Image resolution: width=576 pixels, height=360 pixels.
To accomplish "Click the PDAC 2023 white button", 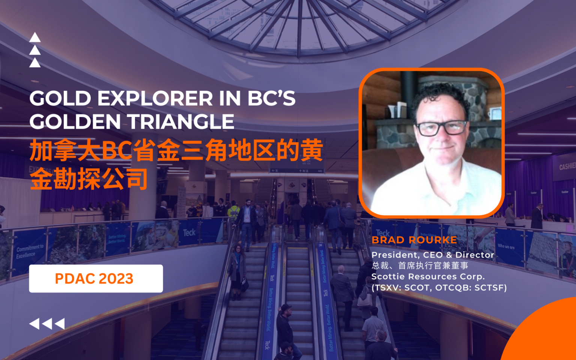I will coord(96,279).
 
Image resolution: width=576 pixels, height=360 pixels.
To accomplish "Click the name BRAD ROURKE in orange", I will coord(414,240).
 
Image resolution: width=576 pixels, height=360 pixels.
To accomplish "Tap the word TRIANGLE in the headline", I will coord(181,122).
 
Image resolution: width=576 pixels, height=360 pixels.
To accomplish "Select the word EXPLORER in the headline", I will coord(155,99).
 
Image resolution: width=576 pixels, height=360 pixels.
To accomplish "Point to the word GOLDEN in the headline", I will coord(75,122).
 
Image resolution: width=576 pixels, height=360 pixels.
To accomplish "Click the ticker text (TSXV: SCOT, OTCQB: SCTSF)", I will coord(439,288).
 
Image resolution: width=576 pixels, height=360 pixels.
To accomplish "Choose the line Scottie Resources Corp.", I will coord(428,277).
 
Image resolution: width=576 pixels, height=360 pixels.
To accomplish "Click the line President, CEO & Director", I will coord(432,255).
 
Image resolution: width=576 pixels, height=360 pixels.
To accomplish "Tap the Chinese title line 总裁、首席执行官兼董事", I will coord(420,266).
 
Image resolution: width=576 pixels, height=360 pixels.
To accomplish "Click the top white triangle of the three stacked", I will coord(35,37).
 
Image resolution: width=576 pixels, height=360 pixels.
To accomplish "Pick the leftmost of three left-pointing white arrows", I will coord(34,324).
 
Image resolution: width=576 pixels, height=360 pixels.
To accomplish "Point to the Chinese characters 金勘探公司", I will coord(89,179).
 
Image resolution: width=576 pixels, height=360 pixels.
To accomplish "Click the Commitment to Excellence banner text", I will coord(30,251).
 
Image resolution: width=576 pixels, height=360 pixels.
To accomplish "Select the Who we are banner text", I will coord(506,246).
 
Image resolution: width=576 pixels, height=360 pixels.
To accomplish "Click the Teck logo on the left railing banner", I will coord(189,232).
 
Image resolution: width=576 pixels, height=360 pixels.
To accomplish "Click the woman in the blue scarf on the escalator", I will coord(237,270).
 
